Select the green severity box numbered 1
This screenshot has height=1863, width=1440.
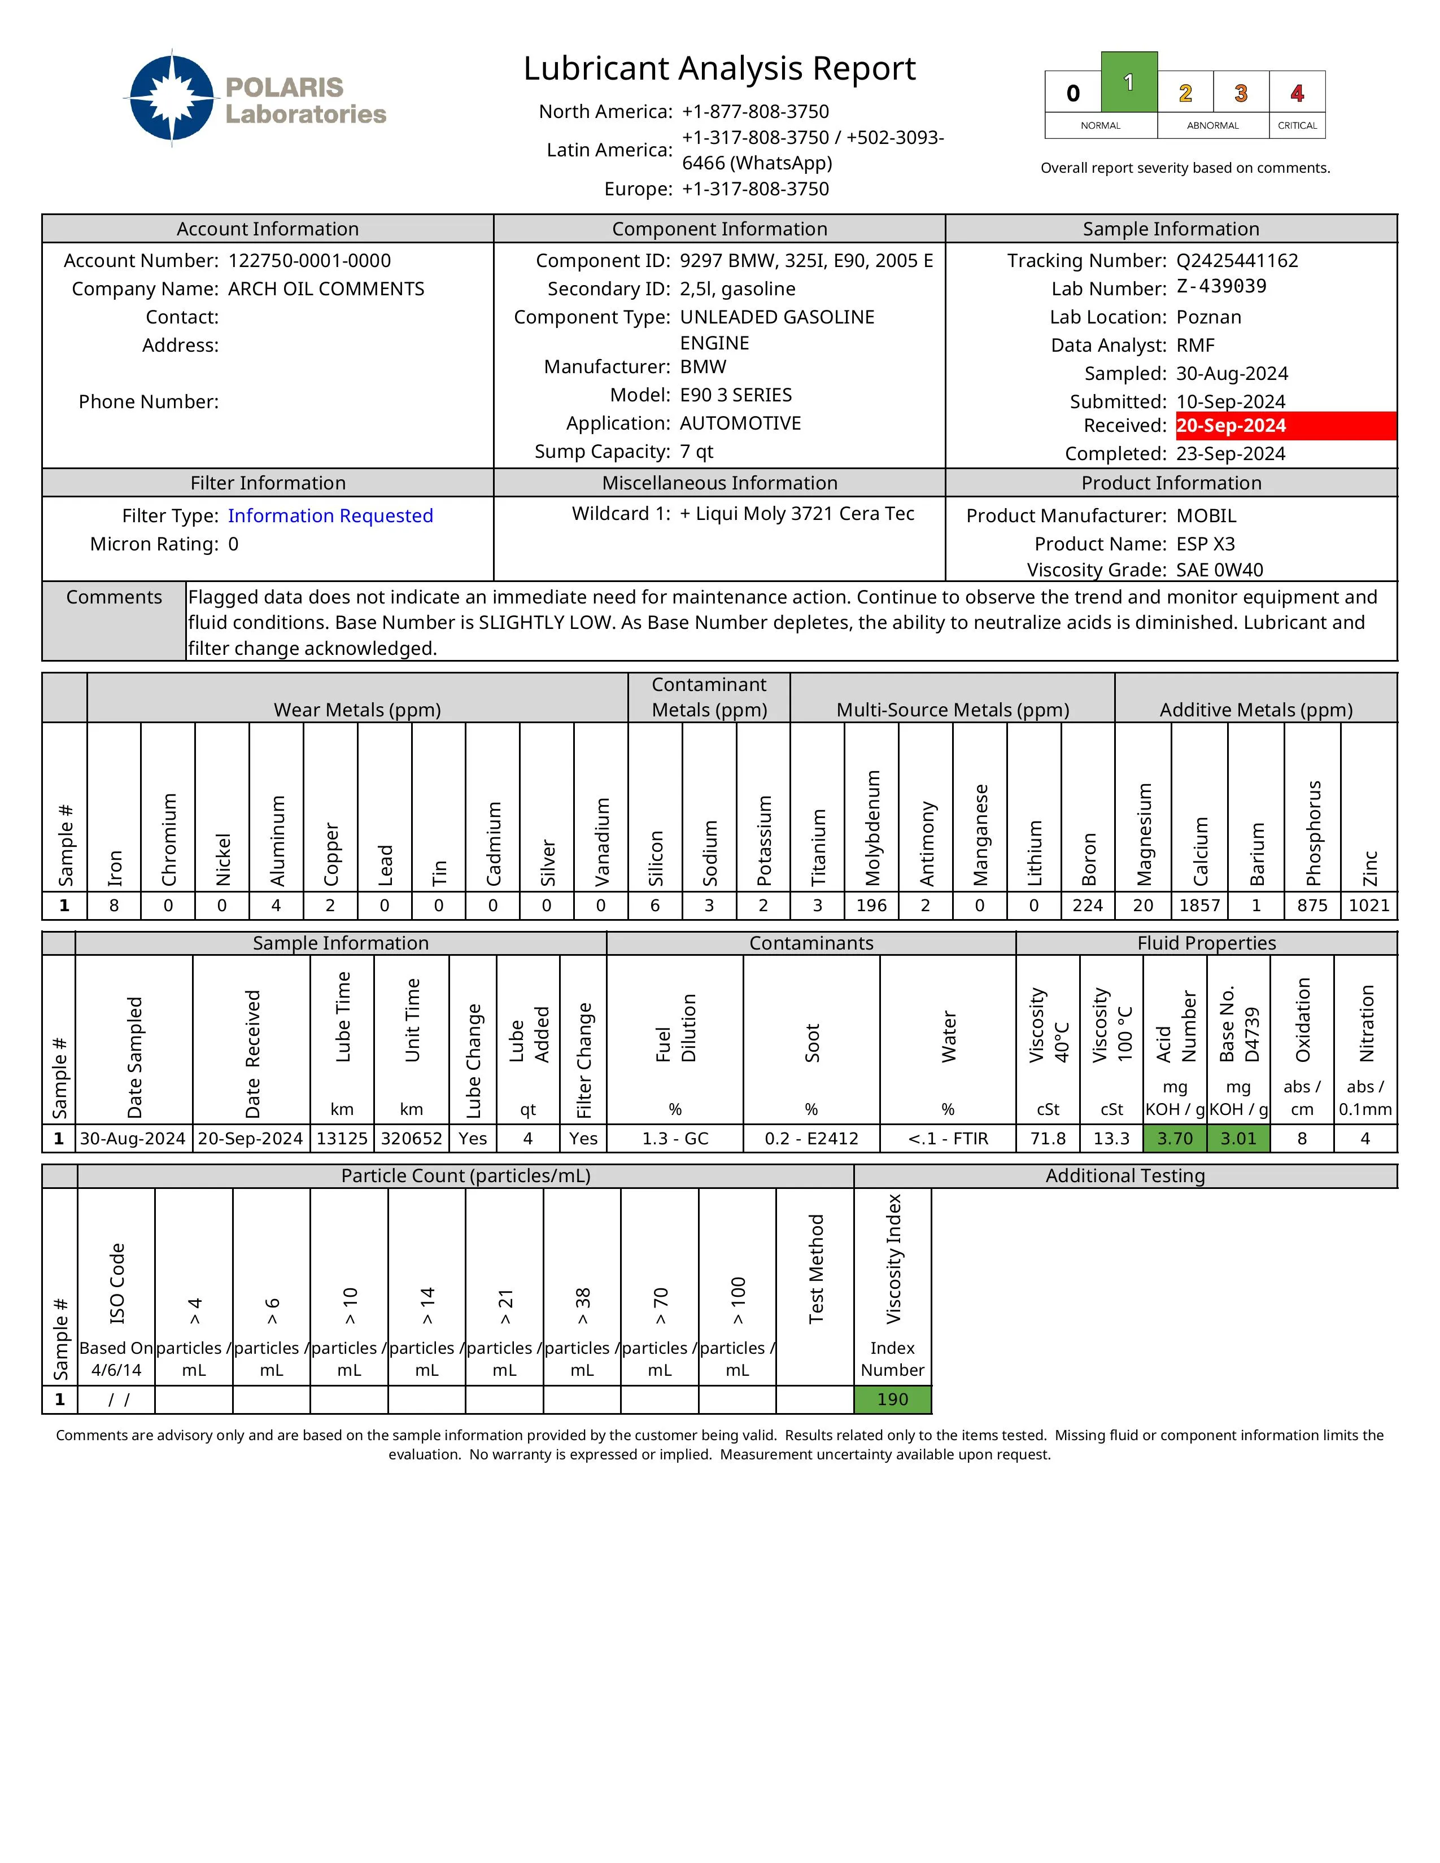(x=1129, y=83)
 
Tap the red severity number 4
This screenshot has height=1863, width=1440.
(x=1297, y=93)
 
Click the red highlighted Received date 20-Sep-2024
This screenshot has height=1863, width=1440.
(x=1231, y=426)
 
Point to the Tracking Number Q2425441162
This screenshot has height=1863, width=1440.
(x=1237, y=261)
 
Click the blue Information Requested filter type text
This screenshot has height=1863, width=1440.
(x=330, y=516)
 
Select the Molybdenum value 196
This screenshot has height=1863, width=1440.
(x=871, y=906)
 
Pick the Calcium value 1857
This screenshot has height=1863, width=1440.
(x=1199, y=906)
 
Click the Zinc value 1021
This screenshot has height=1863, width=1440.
(x=1368, y=906)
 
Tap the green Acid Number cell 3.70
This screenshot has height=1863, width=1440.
(x=1175, y=1139)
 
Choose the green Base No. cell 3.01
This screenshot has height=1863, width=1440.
(x=1238, y=1139)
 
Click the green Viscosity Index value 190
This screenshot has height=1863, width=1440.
(x=892, y=1400)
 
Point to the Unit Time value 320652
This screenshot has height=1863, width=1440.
(x=411, y=1139)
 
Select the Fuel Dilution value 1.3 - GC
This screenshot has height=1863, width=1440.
(x=675, y=1139)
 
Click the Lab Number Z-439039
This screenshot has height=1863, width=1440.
(x=1221, y=287)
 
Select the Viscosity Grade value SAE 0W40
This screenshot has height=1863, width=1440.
(x=1219, y=570)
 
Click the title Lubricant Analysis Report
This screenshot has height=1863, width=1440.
(x=719, y=68)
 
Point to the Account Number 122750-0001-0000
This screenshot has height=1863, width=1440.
(x=309, y=261)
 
